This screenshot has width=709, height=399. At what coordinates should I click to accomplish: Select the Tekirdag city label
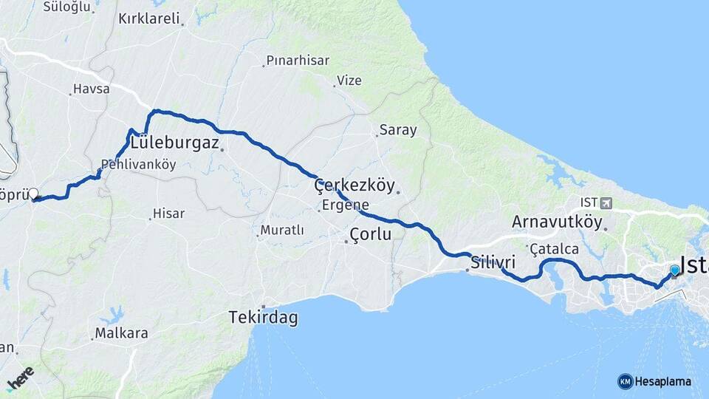coord(263,318)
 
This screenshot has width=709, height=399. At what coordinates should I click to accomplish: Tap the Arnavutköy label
coord(558,221)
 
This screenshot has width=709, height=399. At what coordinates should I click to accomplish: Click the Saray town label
coord(398,130)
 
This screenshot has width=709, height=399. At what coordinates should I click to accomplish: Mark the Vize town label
coord(349,80)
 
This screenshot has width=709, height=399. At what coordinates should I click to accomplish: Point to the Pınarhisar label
coord(298,61)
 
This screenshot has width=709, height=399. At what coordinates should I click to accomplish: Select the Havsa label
coord(91,89)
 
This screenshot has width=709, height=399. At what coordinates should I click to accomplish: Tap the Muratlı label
coord(281,231)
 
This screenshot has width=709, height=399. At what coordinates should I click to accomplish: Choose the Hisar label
coord(168,214)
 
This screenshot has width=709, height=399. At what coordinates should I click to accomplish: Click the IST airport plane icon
coord(606,202)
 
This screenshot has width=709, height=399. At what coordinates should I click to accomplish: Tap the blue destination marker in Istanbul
coord(674,271)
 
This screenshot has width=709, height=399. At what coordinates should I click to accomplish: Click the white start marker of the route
coord(33,194)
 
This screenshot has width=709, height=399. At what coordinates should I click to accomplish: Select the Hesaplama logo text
coord(662,381)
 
